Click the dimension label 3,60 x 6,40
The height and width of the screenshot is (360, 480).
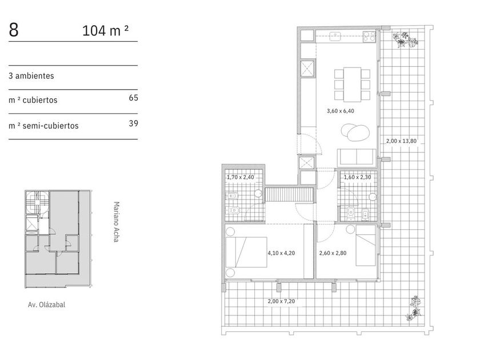pos(341,111)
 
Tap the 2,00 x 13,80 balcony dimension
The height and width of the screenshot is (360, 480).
pos(401,141)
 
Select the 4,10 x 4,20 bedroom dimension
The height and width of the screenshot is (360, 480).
pos(281,253)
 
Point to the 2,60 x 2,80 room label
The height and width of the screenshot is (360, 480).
pos(333,253)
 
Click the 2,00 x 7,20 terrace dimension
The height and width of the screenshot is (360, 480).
pos(281,301)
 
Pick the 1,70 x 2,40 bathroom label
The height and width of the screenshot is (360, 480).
pos(241,177)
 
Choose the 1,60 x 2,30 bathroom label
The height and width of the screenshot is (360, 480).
pos(357,177)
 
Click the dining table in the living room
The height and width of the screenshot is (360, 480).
pos(352,85)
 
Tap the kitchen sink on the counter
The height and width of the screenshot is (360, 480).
pos(335,37)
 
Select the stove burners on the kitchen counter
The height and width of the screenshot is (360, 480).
pos(369,37)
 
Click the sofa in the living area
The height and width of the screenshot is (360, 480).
pos(357,157)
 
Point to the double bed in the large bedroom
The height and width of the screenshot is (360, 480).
pos(246,252)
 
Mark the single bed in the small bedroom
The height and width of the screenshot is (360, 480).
pos(366,246)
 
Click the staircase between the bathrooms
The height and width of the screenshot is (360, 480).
pos(289,195)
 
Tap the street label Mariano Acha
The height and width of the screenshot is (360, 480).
pos(116,222)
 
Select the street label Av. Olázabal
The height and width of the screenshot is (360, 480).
pos(46,305)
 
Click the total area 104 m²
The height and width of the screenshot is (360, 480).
pos(105,31)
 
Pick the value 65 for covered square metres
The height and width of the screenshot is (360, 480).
pos(134,98)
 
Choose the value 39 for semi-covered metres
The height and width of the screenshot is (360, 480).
pos(134,123)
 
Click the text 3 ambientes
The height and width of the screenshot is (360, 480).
pos(31,76)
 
